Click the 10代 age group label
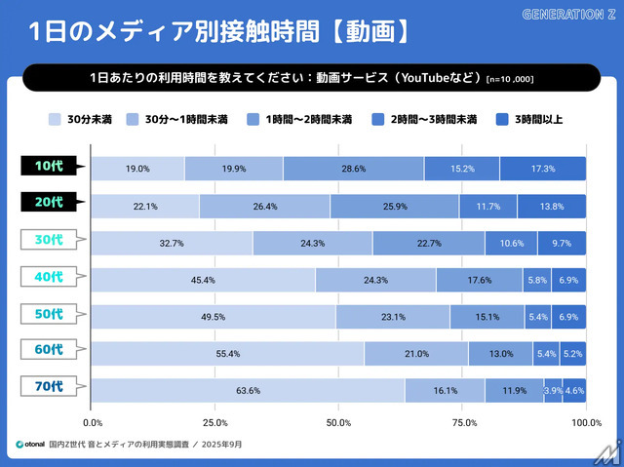pyautogui.click(x=50, y=167)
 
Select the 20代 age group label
pyautogui.click(x=50, y=204)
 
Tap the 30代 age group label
pyautogui.click(x=50, y=241)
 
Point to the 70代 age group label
pyautogui.click(x=50, y=388)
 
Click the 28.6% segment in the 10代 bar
pyautogui.click(x=353, y=169)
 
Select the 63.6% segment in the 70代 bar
pyautogui.click(x=248, y=390)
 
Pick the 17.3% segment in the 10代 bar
pyautogui.click(x=543, y=169)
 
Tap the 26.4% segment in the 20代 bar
pyautogui.click(x=264, y=206)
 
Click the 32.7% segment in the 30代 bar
pyautogui.click(x=172, y=243)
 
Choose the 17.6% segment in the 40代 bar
pyautogui.click(x=479, y=280)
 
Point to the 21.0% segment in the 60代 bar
pyautogui.click(x=416, y=353)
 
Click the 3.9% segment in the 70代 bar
pyautogui.click(x=553, y=390)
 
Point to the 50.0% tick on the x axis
pyautogui.click(x=339, y=422)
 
